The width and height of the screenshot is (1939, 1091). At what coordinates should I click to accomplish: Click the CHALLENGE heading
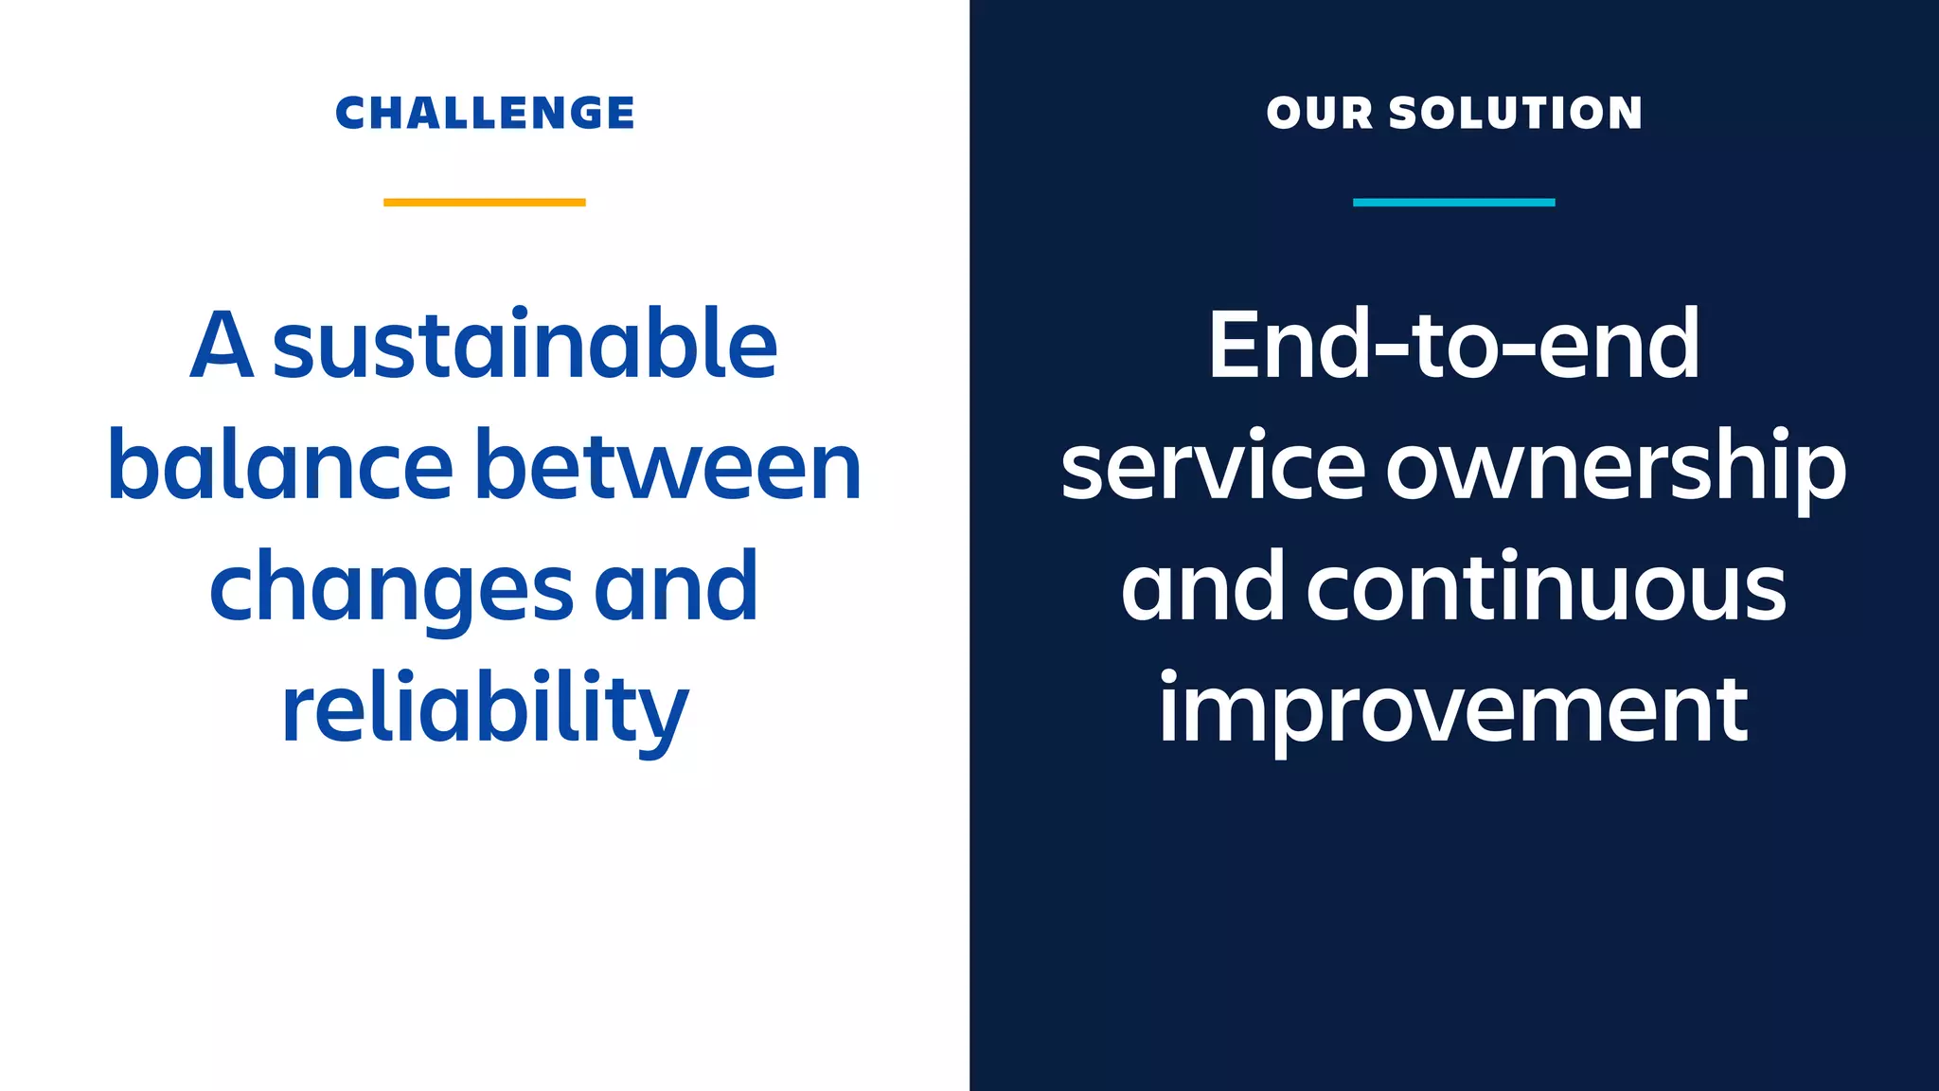(485, 113)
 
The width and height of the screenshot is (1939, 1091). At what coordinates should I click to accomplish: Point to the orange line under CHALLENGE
(485, 202)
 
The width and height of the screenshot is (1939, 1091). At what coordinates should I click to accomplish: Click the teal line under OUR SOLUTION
(1453, 202)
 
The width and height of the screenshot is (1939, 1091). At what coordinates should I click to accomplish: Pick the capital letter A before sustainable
(222, 345)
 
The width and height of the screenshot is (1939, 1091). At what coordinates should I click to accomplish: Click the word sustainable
(525, 345)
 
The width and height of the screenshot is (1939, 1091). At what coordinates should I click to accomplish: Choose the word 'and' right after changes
(676, 587)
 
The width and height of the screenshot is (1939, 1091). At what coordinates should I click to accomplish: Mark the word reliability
(485, 708)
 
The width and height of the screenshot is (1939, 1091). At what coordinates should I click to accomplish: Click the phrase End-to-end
(1453, 345)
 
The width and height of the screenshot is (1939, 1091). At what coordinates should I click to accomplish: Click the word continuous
(1546, 587)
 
